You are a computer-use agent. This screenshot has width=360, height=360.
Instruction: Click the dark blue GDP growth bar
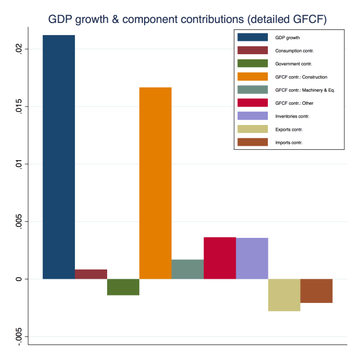59,157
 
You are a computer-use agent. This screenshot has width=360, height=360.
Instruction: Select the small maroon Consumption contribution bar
91,274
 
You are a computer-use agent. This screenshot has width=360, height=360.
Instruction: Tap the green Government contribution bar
123,287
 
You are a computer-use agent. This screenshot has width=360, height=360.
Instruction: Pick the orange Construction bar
156,183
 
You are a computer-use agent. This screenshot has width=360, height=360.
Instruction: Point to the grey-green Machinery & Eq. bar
188,269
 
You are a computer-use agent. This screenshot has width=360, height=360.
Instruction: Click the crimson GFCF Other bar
220,258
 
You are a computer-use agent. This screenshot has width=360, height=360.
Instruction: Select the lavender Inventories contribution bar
252,258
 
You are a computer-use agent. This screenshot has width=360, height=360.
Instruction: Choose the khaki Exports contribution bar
284,295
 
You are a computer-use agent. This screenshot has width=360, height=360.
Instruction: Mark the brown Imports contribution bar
316,291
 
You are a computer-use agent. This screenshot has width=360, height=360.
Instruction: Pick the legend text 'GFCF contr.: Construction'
301,77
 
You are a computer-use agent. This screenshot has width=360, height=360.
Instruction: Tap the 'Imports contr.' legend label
289,142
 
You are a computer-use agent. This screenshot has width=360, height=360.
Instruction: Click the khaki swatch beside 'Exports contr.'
253,129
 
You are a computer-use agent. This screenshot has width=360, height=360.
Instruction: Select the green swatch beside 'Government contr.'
253,63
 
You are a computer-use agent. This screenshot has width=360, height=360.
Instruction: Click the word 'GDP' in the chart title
63,19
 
